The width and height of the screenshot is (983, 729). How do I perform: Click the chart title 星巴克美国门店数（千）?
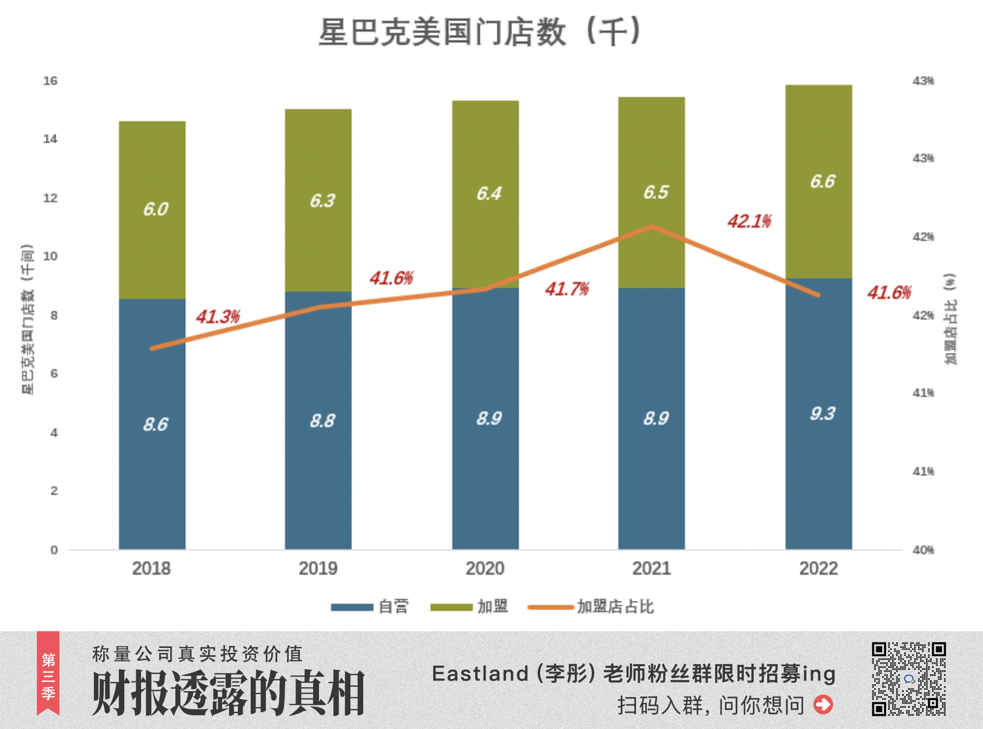pyautogui.click(x=479, y=32)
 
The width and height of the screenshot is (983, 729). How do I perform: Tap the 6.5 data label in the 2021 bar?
pyautogui.click(x=656, y=193)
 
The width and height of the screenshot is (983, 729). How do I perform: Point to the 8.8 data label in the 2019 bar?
pyautogui.click(x=322, y=421)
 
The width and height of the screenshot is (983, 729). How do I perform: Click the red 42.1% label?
pyautogui.click(x=749, y=222)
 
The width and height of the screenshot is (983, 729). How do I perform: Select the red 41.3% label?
pyautogui.click(x=218, y=317)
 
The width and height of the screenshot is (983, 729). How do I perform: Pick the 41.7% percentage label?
pyautogui.click(x=567, y=289)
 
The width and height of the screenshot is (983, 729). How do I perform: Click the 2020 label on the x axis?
pyautogui.click(x=485, y=569)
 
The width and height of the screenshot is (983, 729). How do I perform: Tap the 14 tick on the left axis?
pyautogui.click(x=50, y=139)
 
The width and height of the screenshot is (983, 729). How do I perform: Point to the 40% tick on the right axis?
pyautogui.click(x=923, y=550)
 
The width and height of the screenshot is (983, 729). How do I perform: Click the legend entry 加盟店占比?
pyautogui.click(x=615, y=607)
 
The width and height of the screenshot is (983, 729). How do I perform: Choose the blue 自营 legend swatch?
pyautogui.click(x=352, y=607)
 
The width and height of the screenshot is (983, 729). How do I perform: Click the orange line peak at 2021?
pyautogui.click(x=652, y=226)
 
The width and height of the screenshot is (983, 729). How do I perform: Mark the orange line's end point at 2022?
pyautogui.click(x=818, y=295)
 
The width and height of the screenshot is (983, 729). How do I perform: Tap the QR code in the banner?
pyautogui.click(x=909, y=678)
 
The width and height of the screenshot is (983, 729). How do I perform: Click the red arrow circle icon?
pyautogui.click(x=823, y=704)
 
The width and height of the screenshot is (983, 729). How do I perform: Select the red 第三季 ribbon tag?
pyautogui.click(x=48, y=673)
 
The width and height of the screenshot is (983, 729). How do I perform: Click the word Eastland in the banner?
pyautogui.click(x=480, y=673)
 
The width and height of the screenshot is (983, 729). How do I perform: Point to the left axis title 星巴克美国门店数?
pyautogui.click(x=28, y=319)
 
